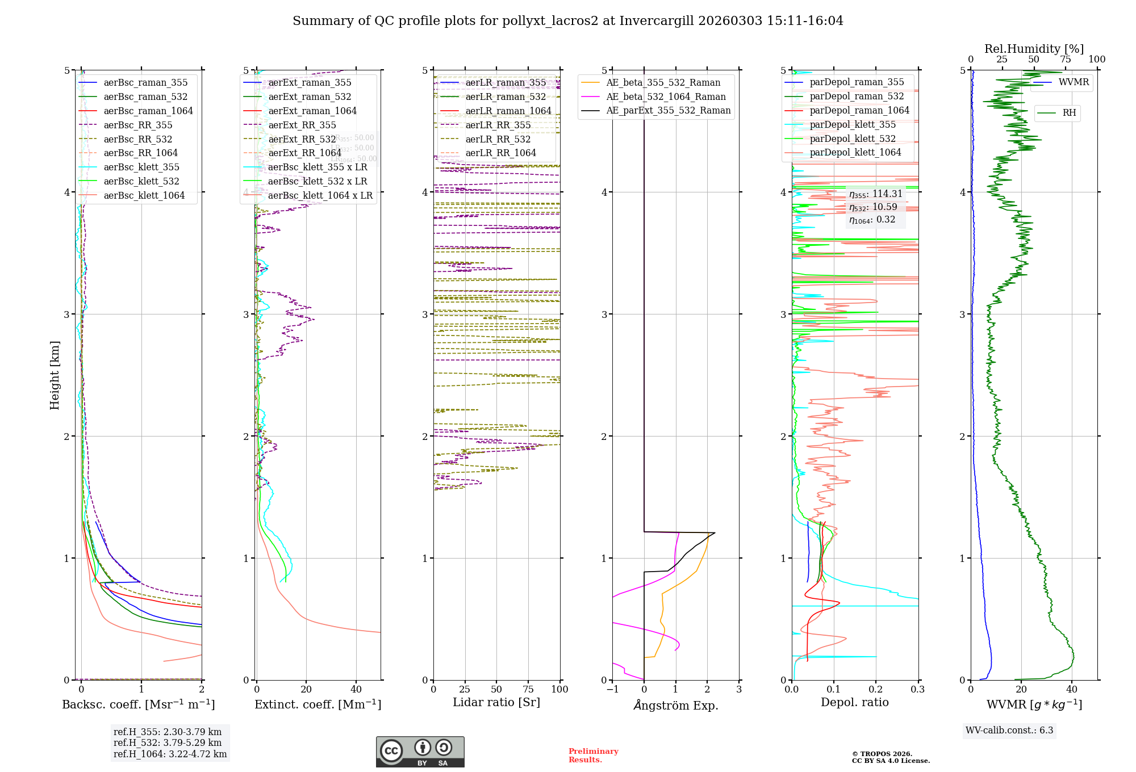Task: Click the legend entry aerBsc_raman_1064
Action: [148, 111]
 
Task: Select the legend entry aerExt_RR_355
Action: [302, 125]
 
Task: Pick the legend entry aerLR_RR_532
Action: [498, 139]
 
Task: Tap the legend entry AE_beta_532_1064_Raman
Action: [666, 96]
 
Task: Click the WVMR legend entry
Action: [1074, 82]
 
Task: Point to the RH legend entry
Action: [1069, 113]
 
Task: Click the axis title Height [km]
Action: [55, 375]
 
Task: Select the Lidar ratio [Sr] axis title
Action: [496, 702]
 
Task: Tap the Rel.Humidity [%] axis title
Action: [1034, 49]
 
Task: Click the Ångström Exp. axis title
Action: [676, 705]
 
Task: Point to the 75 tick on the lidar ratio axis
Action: [528, 690]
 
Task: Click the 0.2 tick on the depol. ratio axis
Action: [876, 690]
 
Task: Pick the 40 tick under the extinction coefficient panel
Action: [356, 690]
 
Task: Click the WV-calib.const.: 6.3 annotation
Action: [1009, 731]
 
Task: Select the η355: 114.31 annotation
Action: [875, 194]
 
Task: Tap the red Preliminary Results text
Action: [593, 756]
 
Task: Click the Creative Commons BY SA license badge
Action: [420, 752]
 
